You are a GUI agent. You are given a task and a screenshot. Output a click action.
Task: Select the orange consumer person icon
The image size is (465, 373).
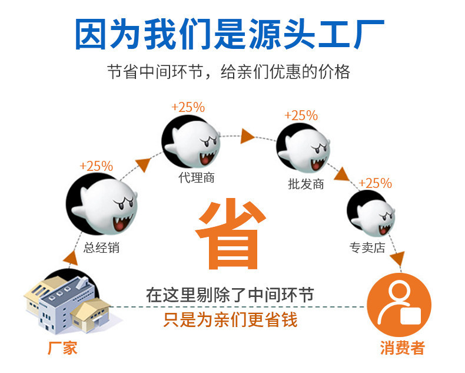(x=399, y=305)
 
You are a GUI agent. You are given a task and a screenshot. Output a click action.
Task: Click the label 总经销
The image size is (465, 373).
(x=101, y=247)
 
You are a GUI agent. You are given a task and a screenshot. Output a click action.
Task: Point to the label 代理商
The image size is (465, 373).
(x=197, y=178)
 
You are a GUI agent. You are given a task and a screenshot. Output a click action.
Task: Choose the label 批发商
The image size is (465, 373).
(x=306, y=184)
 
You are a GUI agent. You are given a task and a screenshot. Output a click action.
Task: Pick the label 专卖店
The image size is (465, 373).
(x=367, y=247)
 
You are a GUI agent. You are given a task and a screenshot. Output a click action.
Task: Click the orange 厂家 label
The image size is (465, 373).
(x=62, y=348)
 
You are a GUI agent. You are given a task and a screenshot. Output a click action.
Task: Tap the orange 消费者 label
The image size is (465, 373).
(x=403, y=348)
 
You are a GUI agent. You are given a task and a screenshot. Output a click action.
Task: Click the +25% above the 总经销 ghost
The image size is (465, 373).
(x=97, y=166)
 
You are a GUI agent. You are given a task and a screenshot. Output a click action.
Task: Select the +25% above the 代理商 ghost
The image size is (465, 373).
(x=188, y=107)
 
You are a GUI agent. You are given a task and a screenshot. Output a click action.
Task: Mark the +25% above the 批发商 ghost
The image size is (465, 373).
(x=301, y=115)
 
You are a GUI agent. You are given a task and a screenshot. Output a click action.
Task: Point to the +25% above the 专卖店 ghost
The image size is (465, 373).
(x=376, y=183)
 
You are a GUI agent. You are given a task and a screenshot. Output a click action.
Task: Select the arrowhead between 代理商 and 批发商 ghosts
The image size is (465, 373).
(x=247, y=136)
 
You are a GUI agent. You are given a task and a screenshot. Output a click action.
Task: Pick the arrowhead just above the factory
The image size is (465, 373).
(x=71, y=258)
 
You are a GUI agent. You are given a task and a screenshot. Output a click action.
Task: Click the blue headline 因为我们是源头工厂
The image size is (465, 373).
(x=230, y=34)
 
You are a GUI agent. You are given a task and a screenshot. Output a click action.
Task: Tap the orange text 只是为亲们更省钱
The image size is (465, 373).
(x=230, y=320)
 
